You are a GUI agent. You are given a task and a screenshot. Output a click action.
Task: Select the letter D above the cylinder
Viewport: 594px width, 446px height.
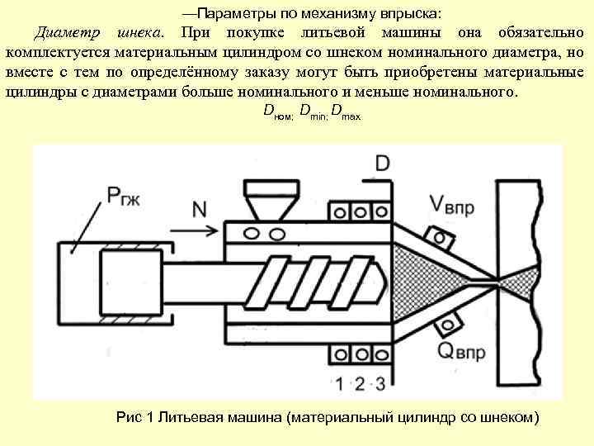click(382, 163)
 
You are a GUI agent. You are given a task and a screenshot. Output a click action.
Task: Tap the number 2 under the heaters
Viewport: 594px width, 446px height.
click(359, 383)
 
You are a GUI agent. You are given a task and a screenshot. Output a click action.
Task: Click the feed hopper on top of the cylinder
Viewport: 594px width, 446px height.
click(265, 197)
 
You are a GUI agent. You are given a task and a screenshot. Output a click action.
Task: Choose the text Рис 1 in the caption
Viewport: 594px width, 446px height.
click(136, 416)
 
